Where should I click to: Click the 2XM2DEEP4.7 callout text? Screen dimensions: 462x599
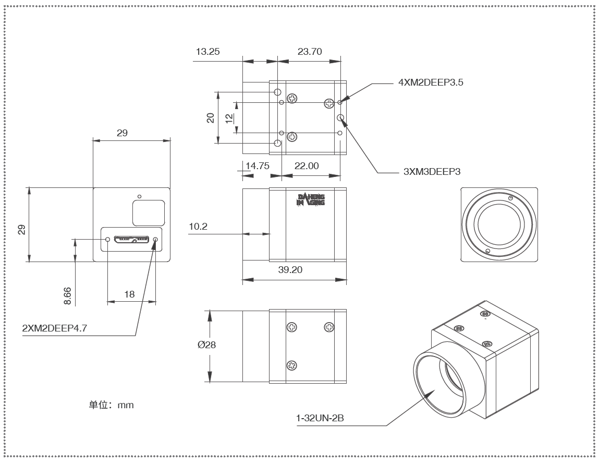tap(55, 328)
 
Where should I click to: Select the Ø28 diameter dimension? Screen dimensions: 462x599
tap(207, 345)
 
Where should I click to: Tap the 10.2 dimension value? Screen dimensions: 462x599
tap(199, 227)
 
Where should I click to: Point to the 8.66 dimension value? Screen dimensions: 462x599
tap(67, 295)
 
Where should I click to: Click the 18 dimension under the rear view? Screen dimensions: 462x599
tap(130, 294)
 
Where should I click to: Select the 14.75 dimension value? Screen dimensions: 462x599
tap(256, 165)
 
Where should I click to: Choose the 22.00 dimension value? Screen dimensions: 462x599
tap(307, 165)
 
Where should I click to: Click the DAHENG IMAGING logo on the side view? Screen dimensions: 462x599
tap(311, 200)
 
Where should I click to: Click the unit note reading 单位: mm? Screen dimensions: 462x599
tap(112, 405)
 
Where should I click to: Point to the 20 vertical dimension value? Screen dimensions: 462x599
tap(211, 117)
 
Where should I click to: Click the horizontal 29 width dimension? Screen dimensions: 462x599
tap(122, 133)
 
